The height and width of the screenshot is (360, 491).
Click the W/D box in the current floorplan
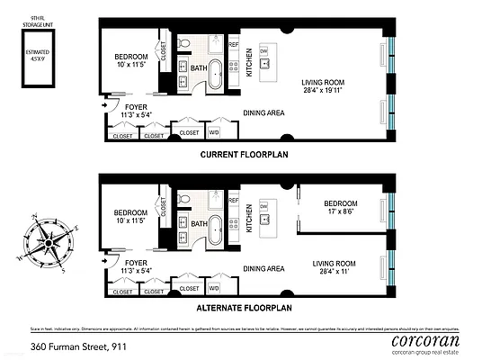click(214, 131)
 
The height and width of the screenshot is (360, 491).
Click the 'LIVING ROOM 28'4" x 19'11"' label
click(322, 86)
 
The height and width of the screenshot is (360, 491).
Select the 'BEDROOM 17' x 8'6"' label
click(342, 208)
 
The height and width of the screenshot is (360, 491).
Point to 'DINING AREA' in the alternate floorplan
click(263, 268)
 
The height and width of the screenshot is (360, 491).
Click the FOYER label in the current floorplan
click(124, 110)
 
